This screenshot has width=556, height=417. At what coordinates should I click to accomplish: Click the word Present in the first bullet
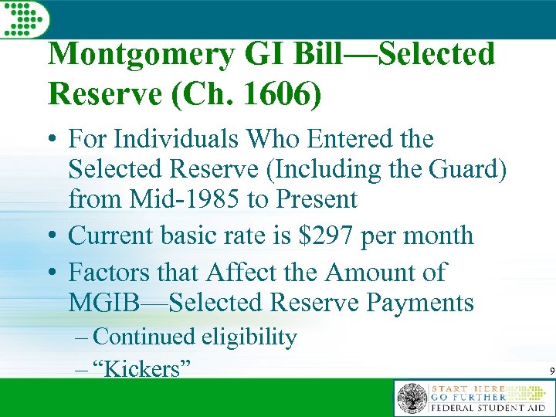316,199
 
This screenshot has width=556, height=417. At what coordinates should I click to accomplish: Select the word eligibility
249,337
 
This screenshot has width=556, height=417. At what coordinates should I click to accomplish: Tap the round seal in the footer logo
412,398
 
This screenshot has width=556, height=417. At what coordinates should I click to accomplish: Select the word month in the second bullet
437,235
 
